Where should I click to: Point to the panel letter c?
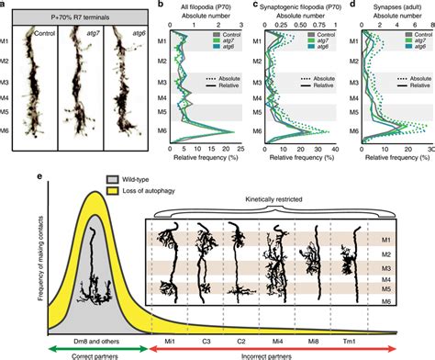tap(248, 6)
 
